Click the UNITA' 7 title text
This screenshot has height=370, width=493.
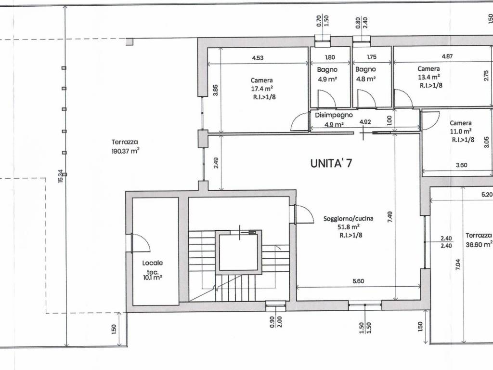[x=331, y=163]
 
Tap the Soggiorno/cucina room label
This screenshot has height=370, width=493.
[x=342, y=219]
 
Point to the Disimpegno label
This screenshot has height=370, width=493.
[x=334, y=115]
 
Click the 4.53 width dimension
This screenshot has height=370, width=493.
[x=258, y=58]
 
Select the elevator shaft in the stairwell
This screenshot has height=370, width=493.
[x=239, y=252]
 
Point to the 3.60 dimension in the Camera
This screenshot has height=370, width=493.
[x=461, y=165]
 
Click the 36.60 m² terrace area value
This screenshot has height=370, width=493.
[x=479, y=244]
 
